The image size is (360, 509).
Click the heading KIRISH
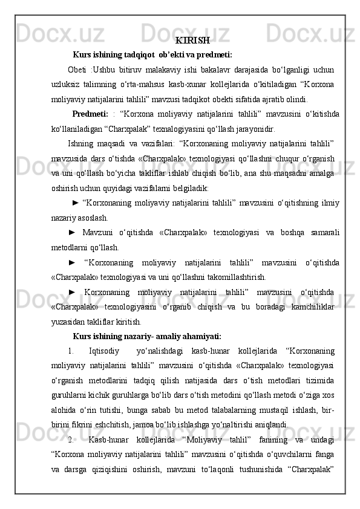(193, 41)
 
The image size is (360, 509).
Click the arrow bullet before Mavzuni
(73, 233)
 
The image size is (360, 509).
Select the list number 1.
(71, 351)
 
